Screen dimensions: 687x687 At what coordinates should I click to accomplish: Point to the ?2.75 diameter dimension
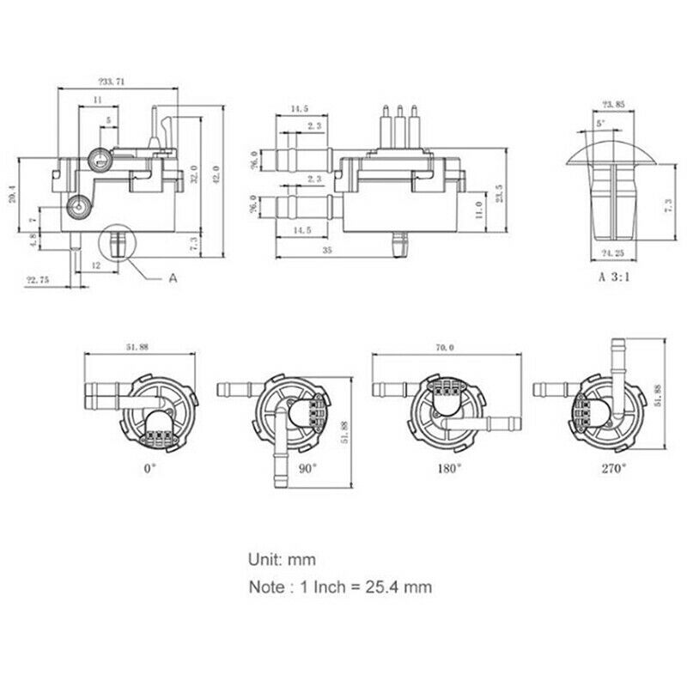click(x=37, y=279)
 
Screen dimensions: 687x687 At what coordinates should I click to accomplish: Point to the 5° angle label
click(x=600, y=124)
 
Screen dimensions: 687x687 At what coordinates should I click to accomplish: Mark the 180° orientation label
click(x=453, y=468)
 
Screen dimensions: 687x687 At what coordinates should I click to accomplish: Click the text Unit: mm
click(x=283, y=559)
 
